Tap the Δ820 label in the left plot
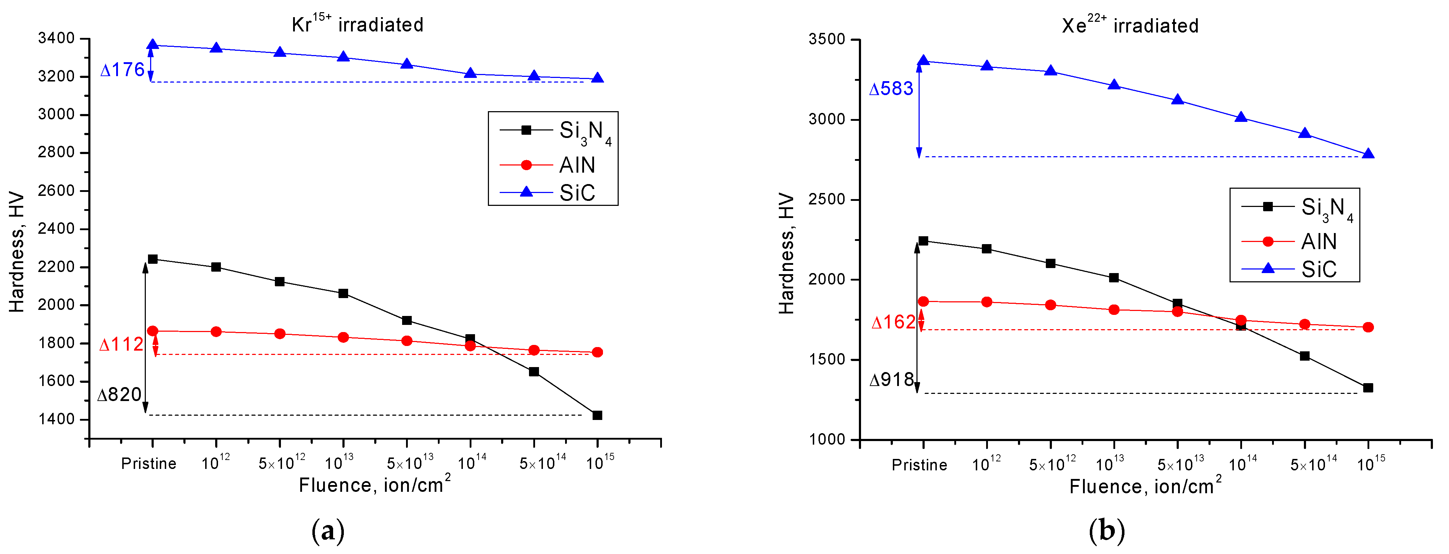coord(119,395)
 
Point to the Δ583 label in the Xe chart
coord(891,89)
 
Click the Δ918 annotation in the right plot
coord(891,380)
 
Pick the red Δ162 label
coord(893,322)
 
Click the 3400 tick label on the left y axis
coord(56,38)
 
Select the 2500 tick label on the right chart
coord(827,200)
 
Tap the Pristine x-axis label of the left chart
coord(148,464)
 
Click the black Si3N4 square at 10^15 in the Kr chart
coord(597,415)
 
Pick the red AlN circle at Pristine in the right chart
coord(923,301)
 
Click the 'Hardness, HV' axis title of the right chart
coord(786,253)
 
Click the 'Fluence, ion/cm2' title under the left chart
coord(374,484)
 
